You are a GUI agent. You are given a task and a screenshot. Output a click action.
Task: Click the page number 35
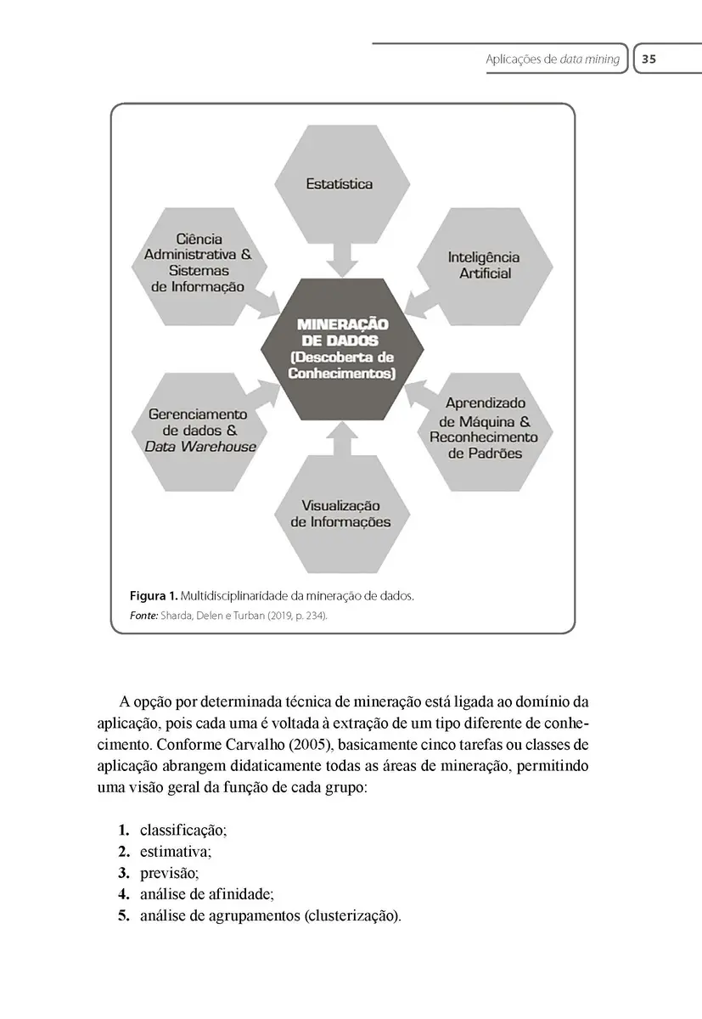(649, 59)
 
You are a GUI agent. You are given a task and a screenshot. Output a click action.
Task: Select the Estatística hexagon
(340, 184)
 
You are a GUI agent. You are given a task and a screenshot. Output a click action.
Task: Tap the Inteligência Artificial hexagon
(485, 265)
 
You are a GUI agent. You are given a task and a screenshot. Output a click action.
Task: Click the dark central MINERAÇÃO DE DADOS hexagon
(341, 348)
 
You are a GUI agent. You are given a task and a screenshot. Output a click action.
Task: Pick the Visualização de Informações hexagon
(340, 514)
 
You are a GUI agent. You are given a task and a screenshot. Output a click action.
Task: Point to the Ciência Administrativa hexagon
(199, 263)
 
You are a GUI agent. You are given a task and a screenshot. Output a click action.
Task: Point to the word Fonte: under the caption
(143, 615)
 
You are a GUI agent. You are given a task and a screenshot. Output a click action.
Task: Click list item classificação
(183, 829)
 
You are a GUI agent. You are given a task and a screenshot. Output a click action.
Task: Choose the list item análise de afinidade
(206, 893)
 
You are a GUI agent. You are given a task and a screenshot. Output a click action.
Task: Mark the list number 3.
(124, 872)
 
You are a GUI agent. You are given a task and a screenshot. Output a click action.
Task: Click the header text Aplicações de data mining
(552, 59)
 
